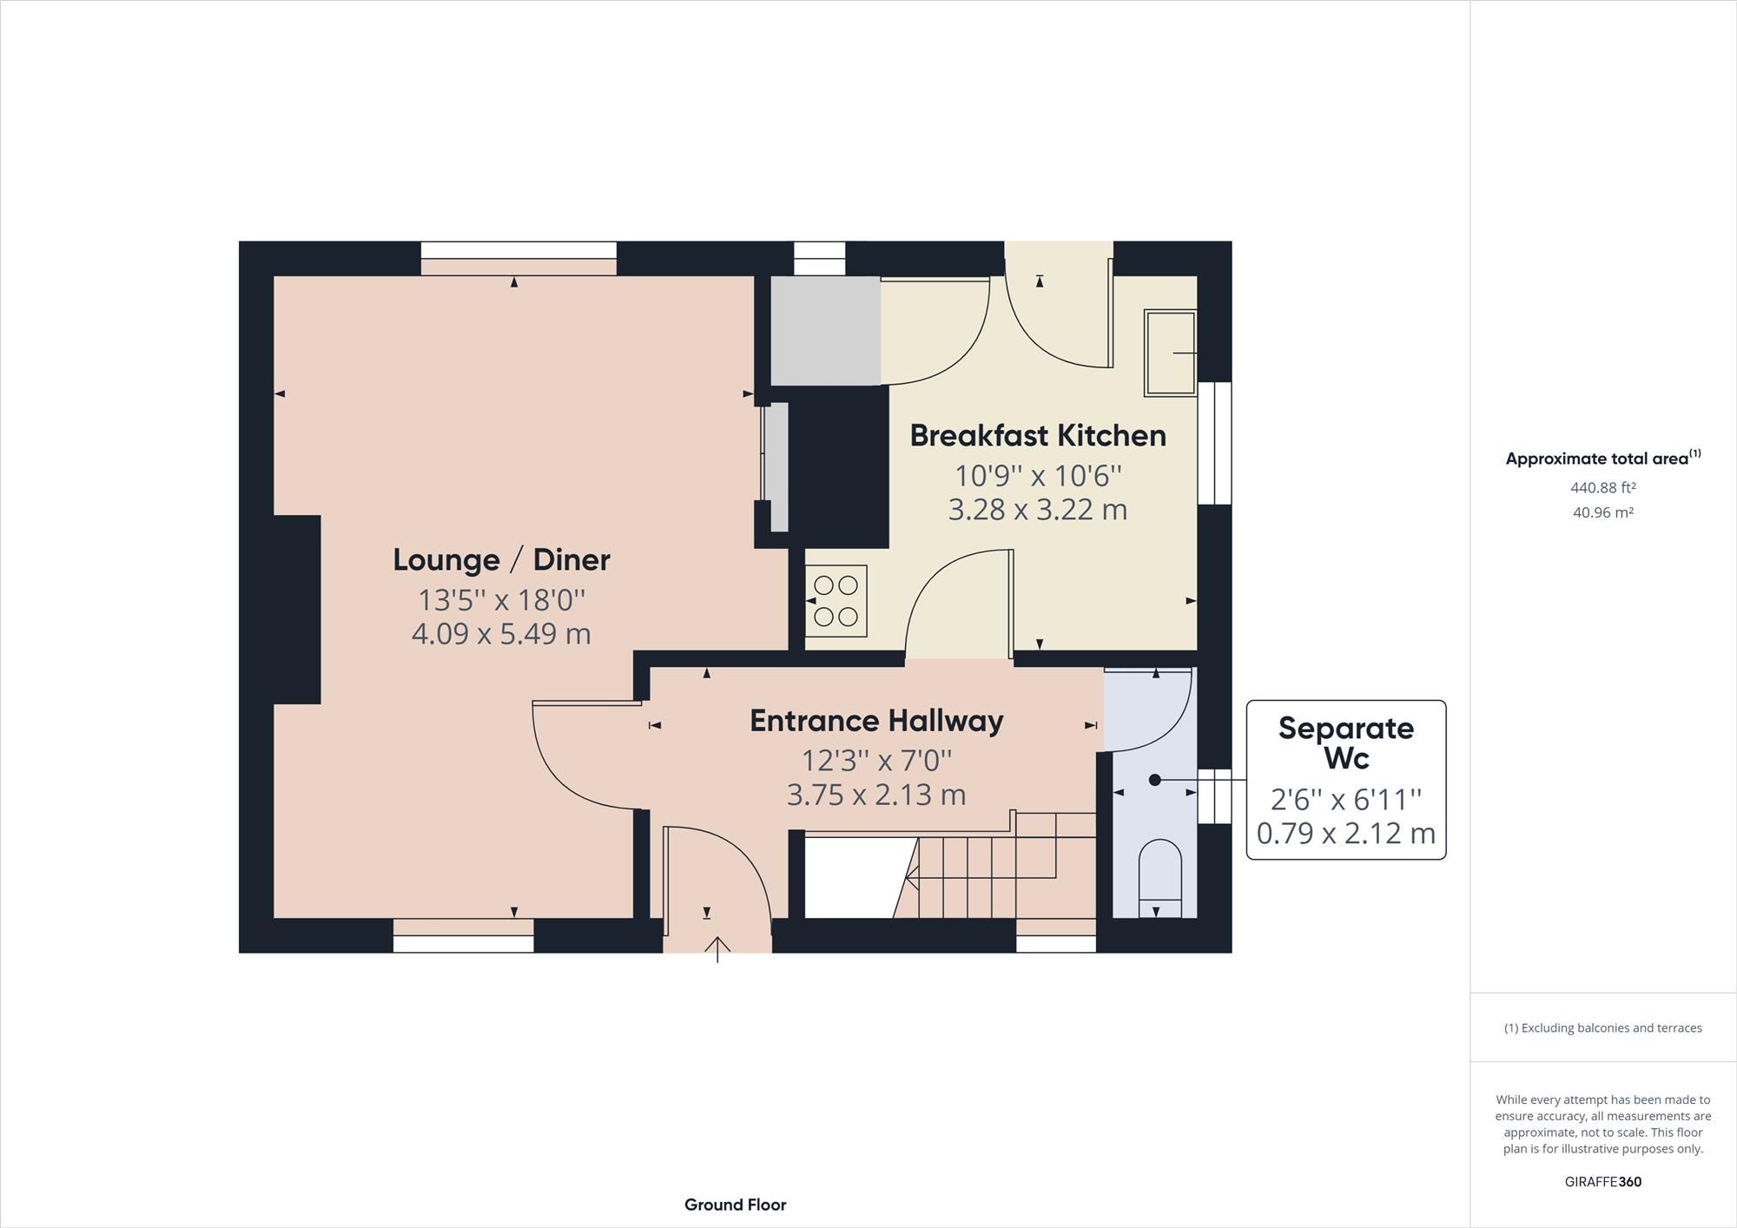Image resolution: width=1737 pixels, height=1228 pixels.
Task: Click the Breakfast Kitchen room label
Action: (1037, 435)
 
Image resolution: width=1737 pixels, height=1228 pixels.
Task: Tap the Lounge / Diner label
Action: (501, 559)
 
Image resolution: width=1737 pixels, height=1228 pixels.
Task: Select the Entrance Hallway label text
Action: (876, 721)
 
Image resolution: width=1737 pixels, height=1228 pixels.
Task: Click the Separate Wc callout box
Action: (1345, 779)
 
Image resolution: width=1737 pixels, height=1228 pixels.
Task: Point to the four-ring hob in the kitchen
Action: (836, 601)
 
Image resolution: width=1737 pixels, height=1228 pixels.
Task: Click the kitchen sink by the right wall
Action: (1170, 353)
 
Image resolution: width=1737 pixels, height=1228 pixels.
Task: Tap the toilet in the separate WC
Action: (1159, 873)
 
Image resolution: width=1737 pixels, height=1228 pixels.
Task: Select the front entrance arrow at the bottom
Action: (717, 949)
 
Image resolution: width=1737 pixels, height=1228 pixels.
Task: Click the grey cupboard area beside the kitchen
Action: (825, 331)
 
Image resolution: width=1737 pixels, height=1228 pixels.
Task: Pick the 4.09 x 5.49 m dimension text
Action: (501, 634)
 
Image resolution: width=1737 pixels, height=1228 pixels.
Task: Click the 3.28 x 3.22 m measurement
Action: (1037, 510)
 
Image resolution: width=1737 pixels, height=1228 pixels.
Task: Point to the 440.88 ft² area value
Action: (1602, 488)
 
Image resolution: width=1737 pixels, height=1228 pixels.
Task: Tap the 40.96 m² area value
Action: (1602, 513)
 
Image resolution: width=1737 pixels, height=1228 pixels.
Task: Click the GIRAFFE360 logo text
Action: (1602, 1182)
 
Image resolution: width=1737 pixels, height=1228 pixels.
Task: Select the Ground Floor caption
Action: (735, 1205)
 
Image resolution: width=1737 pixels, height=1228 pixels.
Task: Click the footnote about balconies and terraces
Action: (1602, 1028)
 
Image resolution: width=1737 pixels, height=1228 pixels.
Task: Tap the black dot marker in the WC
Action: (1154, 780)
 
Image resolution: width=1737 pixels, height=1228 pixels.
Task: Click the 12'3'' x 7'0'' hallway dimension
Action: (876, 761)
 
